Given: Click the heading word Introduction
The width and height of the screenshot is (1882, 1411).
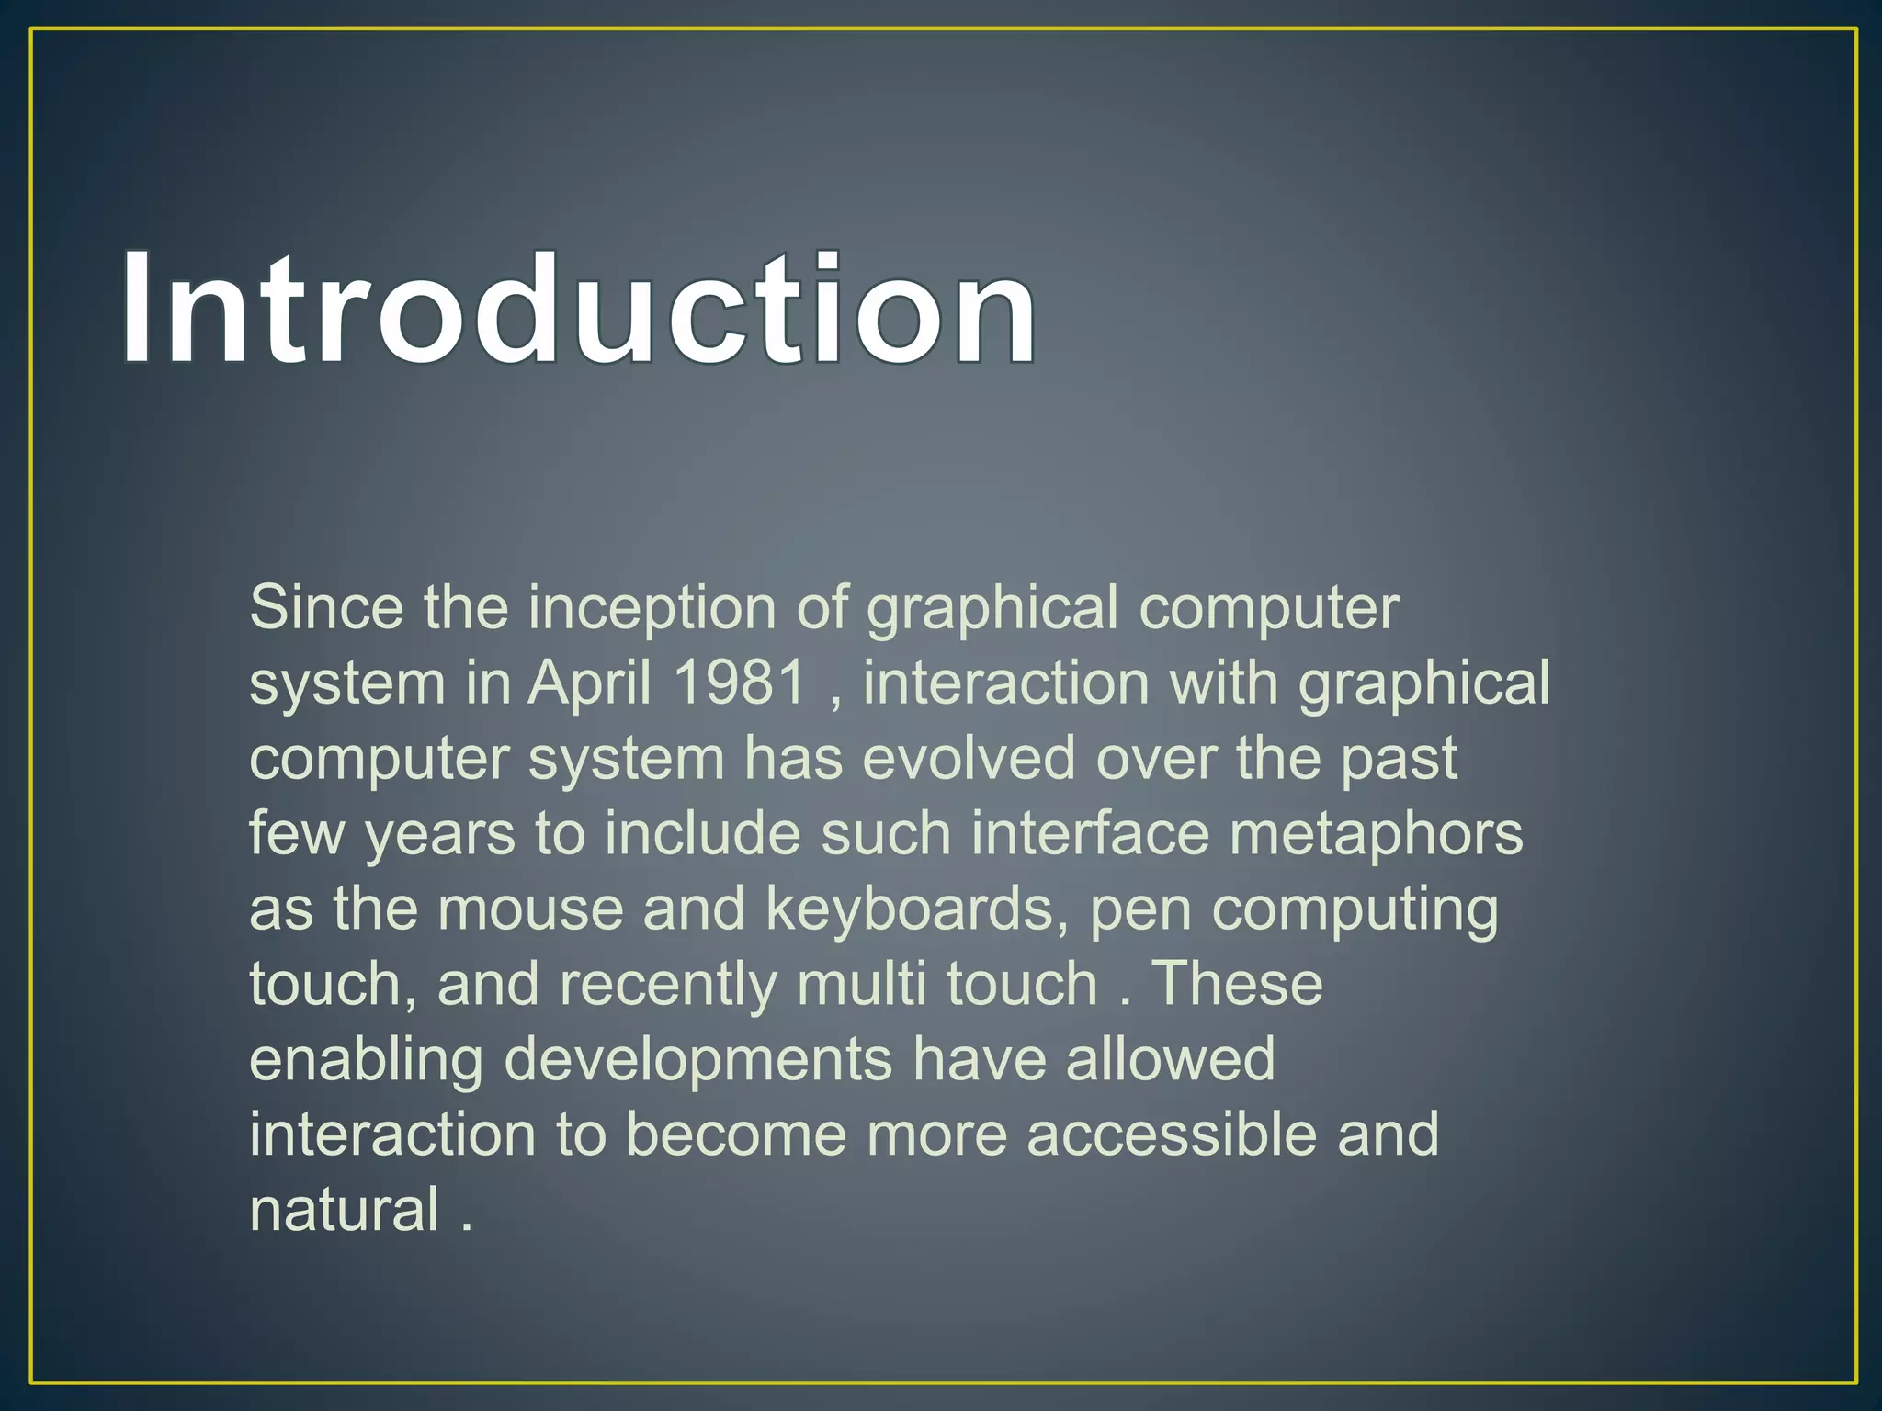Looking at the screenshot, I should tap(579, 309).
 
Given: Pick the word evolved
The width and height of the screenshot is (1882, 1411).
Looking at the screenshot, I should tap(969, 759).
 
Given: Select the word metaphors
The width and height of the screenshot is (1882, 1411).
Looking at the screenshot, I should tap(1376, 834).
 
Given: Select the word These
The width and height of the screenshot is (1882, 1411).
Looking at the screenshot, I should tap(1237, 984).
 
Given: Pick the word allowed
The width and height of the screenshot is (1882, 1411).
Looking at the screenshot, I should tap(1170, 1059).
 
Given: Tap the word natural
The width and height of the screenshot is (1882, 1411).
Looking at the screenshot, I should tap(345, 1210).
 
